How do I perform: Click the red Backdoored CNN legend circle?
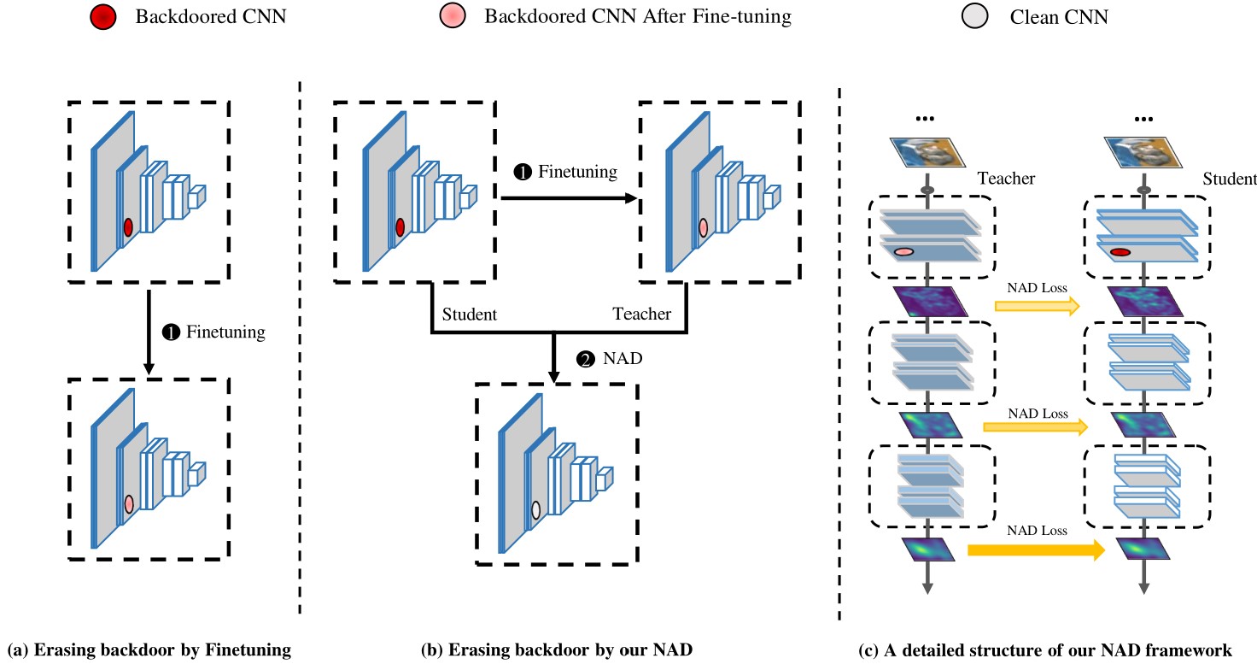(102, 15)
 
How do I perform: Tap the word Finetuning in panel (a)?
(225, 332)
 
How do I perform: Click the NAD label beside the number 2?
(623, 359)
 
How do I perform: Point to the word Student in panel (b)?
(469, 314)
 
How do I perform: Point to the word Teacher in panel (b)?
(641, 314)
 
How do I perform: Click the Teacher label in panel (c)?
(1007, 178)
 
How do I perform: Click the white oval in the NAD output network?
(536, 511)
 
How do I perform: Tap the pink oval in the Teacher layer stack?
(904, 252)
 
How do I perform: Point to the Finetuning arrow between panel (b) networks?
(569, 198)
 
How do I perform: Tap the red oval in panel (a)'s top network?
(128, 227)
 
